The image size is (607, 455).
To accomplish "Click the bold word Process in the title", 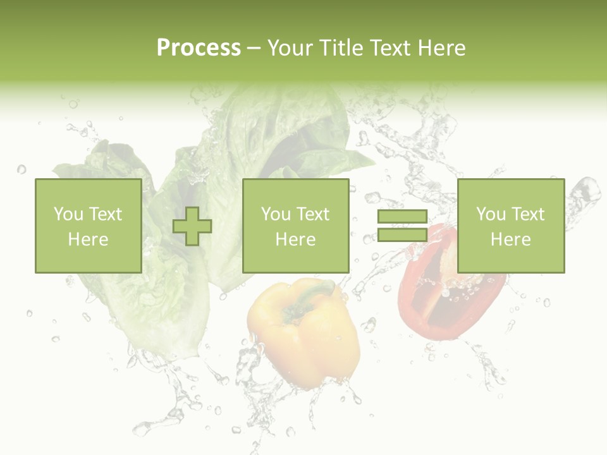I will click(199, 48).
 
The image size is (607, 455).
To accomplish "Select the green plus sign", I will click(192, 226).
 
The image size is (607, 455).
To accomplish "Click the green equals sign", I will click(402, 226).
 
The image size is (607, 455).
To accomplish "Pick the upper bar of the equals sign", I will click(402, 217).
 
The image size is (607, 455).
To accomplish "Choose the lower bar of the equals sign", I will click(402, 235).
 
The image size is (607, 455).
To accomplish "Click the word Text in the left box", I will click(105, 214).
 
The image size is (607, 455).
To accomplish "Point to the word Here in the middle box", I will click(295, 240).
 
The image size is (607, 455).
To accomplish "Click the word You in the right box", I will click(491, 214).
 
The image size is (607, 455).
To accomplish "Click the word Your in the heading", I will click(290, 48).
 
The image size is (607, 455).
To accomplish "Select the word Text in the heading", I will click(388, 48).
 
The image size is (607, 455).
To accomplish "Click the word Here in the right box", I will click(510, 240).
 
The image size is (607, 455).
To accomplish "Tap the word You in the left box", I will click(68, 214).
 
